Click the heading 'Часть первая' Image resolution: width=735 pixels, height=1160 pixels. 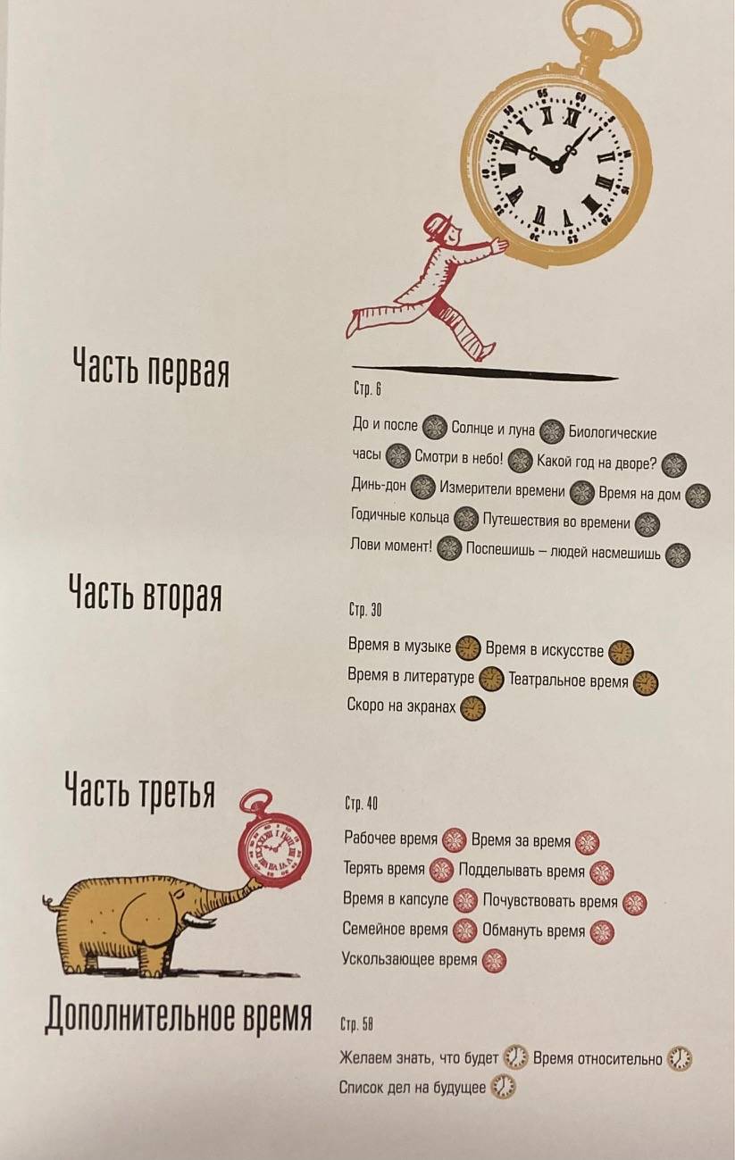pos(151,369)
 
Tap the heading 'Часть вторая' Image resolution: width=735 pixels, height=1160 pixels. pos(146,597)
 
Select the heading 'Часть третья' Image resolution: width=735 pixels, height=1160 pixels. pos(140,792)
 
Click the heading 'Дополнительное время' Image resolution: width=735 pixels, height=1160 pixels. pos(179,1016)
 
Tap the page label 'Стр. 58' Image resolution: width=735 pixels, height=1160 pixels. pos(357,1023)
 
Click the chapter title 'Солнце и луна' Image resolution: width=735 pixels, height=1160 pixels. pos(492,429)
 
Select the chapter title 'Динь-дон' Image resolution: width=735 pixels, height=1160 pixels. pos(379,485)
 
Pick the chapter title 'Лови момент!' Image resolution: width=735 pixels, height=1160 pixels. pos(391,545)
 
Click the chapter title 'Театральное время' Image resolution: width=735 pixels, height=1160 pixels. pos(568,680)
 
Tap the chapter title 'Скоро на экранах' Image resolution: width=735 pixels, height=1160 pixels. pos(401,705)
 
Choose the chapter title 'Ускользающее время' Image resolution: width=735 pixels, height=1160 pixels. pos(409,959)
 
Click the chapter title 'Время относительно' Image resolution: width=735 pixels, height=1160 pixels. pos(597,1058)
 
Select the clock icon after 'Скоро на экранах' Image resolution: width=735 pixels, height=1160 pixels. pos(472,708)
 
